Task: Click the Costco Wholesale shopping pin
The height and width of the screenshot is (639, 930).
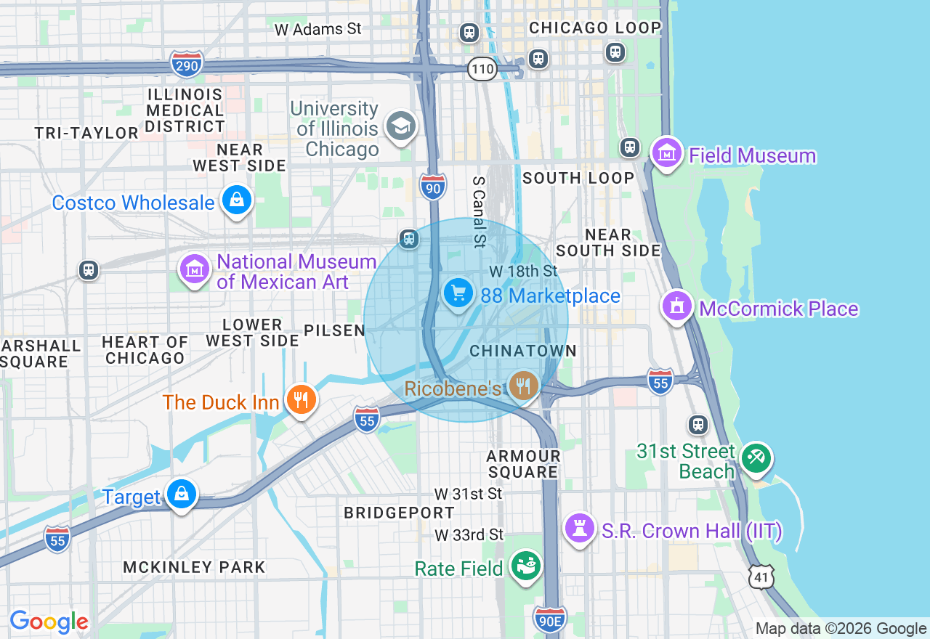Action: (236, 200)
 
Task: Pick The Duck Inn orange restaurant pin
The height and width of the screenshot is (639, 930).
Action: (300, 399)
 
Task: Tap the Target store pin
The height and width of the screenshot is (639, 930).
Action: (181, 494)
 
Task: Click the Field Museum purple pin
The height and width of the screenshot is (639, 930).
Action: (666, 153)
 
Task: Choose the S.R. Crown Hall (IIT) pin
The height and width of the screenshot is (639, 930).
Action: (580, 529)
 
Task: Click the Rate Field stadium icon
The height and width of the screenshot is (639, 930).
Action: (525, 566)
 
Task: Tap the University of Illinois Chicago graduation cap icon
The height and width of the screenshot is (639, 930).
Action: (400, 127)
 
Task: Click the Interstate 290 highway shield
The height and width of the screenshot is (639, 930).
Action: (187, 65)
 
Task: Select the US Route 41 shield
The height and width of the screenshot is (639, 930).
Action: (760, 577)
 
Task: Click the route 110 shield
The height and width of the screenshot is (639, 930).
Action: (482, 70)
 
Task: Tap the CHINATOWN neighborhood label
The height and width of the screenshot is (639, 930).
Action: (523, 351)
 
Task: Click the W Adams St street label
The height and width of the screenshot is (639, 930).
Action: (318, 29)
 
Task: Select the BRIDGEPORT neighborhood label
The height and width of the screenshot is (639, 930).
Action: (399, 513)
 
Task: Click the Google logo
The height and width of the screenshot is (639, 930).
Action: (49, 622)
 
